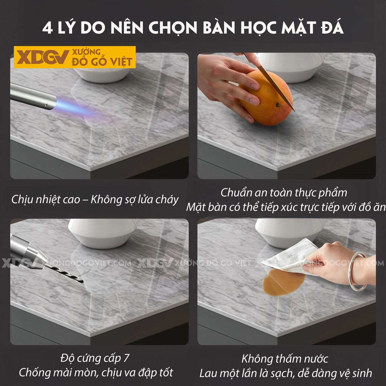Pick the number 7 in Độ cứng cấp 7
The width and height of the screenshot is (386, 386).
click(126, 358)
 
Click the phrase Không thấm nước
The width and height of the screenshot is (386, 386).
click(285, 358)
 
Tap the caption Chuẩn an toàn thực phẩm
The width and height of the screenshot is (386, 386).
click(284, 192)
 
